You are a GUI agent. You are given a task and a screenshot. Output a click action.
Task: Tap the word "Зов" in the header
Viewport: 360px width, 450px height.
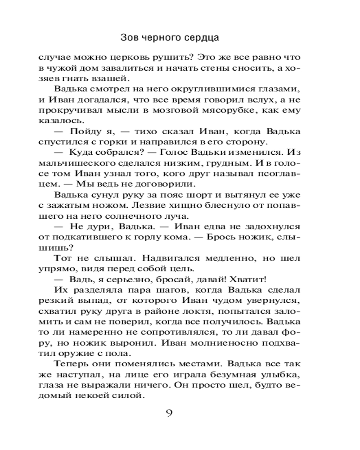[130, 37]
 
